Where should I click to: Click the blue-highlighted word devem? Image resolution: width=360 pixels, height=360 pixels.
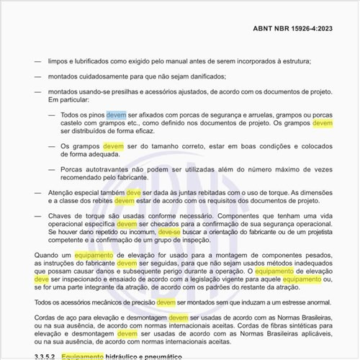116,114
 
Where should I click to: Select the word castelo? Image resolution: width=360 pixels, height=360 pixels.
73,123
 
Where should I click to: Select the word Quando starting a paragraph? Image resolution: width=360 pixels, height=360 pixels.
48,255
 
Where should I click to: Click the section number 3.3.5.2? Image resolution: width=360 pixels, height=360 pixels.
45,356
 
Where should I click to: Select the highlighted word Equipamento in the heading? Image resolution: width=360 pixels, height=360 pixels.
83,356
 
